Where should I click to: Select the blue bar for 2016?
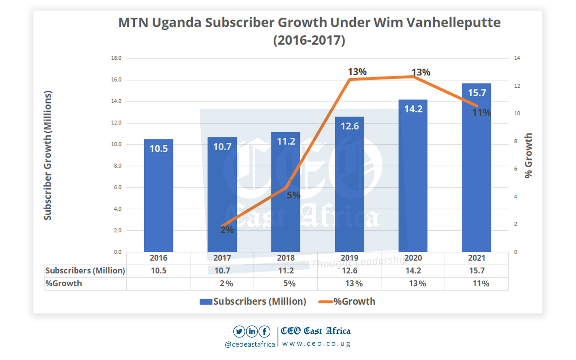(x=158, y=195)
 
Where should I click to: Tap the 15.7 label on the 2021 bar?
(x=477, y=93)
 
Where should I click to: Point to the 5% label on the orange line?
(x=293, y=195)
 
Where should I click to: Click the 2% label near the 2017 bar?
(x=227, y=230)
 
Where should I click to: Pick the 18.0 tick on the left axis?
(x=116, y=58)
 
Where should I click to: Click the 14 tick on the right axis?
(x=517, y=58)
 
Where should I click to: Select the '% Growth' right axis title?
(x=528, y=155)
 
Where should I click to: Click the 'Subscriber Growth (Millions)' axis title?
(x=48, y=155)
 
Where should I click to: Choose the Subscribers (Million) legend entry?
(x=253, y=301)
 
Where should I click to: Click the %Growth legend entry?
(x=347, y=301)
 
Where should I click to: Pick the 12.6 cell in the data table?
(x=349, y=271)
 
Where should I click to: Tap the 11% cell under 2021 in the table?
(x=481, y=283)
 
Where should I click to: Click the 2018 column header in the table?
(x=286, y=258)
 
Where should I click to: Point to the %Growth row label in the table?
(x=64, y=283)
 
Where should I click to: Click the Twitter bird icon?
(x=239, y=331)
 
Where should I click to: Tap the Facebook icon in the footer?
(x=264, y=331)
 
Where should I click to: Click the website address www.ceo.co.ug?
(x=316, y=344)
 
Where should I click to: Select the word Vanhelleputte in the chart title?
(x=453, y=23)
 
